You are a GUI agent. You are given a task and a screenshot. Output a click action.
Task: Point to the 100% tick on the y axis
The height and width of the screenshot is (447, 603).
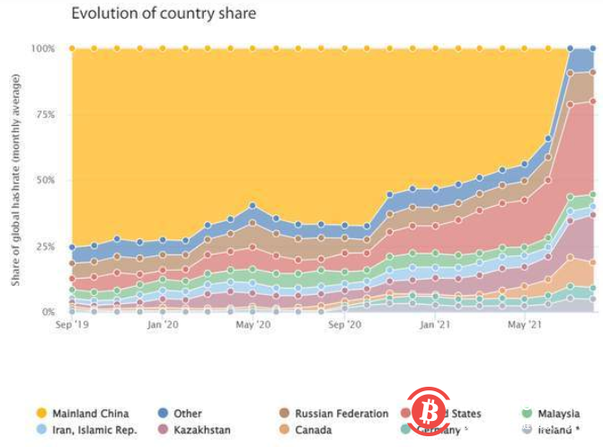point(42,48)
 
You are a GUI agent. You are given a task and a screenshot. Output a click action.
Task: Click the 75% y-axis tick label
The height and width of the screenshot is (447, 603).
point(44,114)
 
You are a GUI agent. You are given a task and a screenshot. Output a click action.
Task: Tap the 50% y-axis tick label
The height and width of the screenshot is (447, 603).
point(44,180)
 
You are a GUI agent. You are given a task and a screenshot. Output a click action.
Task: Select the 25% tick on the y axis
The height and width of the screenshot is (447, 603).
point(44,246)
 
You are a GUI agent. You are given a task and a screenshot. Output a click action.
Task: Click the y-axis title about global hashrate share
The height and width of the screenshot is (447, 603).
point(15,180)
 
